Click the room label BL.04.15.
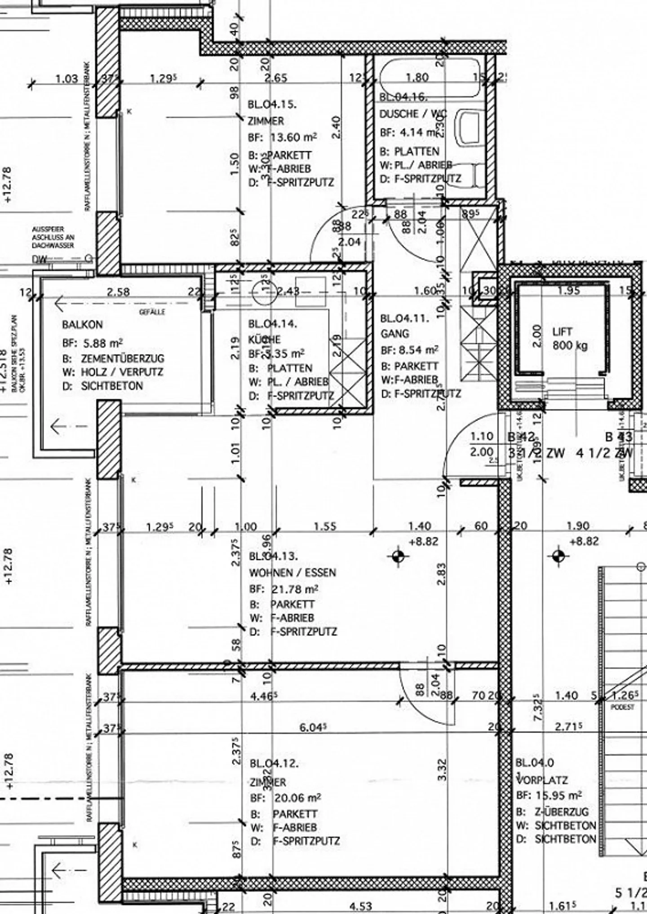click(x=272, y=105)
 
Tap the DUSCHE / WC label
click(x=412, y=114)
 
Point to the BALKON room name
click(x=82, y=324)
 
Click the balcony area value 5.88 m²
click(x=103, y=344)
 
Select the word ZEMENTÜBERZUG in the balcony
click(x=122, y=358)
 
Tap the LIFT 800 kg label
click(x=569, y=339)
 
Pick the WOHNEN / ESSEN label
click(x=292, y=573)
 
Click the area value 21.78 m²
click(x=295, y=589)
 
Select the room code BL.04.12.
click(x=274, y=764)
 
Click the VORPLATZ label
click(x=542, y=780)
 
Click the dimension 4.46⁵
click(x=263, y=696)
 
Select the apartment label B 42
click(x=521, y=437)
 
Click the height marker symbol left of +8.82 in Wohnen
click(x=398, y=556)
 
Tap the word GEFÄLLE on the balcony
click(x=152, y=312)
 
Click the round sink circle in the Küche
click(x=263, y=292)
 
